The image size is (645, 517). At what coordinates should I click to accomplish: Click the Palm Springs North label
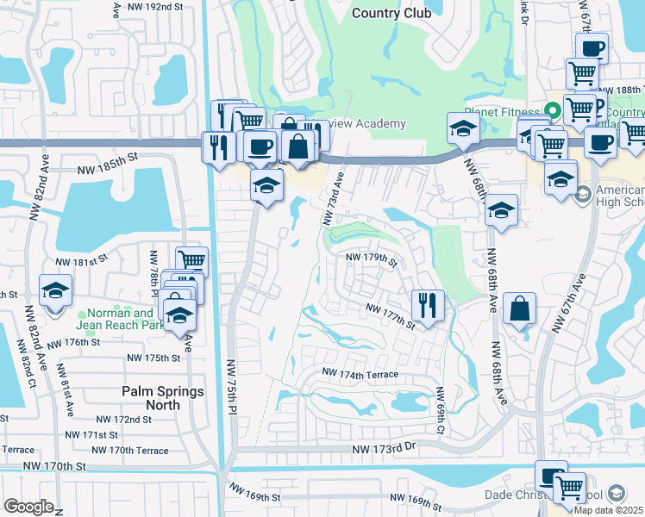coord(163,398)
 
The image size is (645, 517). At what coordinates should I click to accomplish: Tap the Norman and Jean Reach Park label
coord(118,320)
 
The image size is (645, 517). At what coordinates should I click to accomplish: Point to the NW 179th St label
coord(371,258)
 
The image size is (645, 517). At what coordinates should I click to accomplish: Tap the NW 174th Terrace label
coord(360,374)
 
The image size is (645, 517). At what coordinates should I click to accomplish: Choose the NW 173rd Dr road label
coord(384,449)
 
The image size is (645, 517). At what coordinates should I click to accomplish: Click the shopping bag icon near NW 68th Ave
coord(519,308)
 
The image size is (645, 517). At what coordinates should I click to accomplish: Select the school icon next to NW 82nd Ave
coord(56,290)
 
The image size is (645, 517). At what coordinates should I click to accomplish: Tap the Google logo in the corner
coord(28,507)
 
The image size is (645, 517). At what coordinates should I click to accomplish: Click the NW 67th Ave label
coord(571,303)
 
